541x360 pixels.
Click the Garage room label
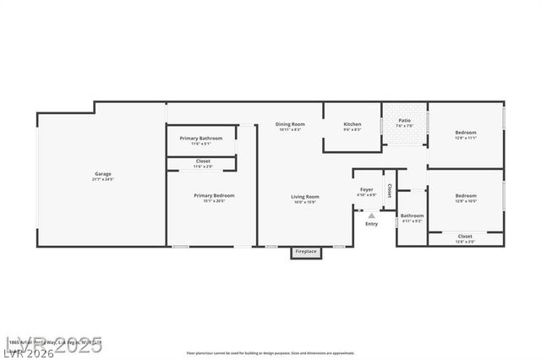102,174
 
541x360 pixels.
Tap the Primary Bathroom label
201,138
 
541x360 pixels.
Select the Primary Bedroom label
214,195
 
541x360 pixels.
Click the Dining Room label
290,124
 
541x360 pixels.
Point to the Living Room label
305,196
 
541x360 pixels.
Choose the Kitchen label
352,124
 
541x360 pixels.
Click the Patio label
405,121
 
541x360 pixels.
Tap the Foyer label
366,189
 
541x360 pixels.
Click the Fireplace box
305,251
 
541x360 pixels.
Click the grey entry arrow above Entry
371,215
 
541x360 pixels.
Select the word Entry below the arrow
371,224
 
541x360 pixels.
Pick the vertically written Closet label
389,191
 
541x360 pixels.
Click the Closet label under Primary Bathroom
204,161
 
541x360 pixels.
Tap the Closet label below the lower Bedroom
465,236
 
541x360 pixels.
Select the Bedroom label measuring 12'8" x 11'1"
466,133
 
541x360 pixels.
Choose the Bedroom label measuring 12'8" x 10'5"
466,196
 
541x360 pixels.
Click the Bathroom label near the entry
412,215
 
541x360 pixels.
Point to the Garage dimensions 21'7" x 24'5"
102,179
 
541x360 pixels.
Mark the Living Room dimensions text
305,201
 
